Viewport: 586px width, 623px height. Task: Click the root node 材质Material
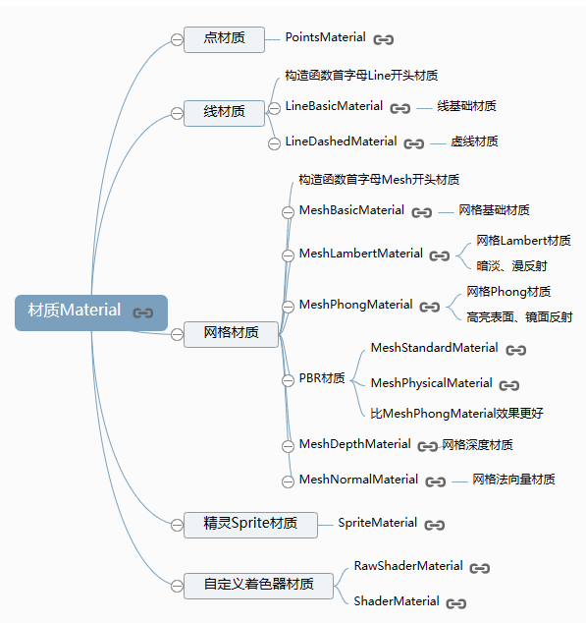coord(91,312)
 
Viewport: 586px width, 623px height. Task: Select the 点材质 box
coord(224,39)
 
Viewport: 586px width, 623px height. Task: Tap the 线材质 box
coord(224,113)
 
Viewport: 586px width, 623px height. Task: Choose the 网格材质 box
coord(231,334)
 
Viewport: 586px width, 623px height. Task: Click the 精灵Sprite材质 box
coord(250,525)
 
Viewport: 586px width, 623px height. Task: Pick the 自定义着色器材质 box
coord(258,586)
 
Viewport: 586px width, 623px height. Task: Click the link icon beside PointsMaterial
coord(384,39)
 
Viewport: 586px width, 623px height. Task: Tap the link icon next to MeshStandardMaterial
coord(516,350)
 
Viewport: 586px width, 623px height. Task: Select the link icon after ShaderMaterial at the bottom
coord(456,603)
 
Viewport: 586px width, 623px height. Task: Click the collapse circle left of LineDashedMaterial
coord(274,143)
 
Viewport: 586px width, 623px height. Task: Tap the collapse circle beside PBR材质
coord(288,380)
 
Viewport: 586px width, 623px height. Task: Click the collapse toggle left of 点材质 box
coord(177,39)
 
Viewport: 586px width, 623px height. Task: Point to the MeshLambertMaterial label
coord(361,254)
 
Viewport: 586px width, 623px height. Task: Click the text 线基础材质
coord(466,106)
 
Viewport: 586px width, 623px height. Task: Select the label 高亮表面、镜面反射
coord(519,317)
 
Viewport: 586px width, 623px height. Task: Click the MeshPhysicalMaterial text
coord(432,383)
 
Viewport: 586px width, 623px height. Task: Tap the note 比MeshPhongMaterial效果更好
coord(457,414)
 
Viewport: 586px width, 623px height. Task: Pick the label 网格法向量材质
coord(513,480)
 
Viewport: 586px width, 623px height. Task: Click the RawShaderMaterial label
coord(408,566)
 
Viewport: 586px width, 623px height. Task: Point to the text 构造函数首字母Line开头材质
coord(361,76)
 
